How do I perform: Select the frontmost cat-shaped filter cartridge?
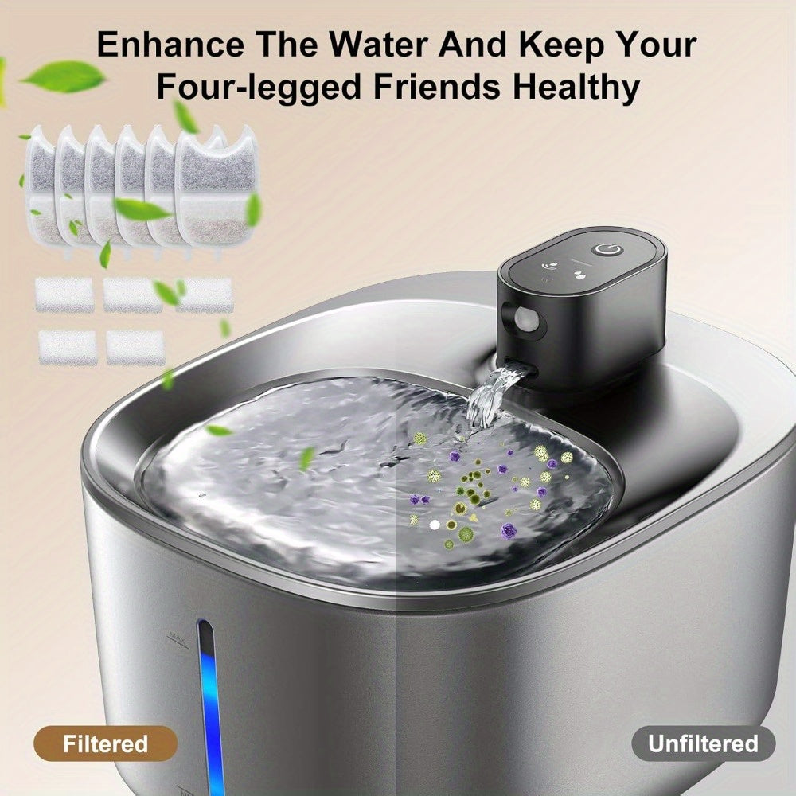point(217,187)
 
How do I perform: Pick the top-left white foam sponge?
point(64,294)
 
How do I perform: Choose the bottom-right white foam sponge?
point(135,347)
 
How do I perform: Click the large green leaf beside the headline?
point(64,76)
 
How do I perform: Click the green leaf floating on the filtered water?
point(306,458)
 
